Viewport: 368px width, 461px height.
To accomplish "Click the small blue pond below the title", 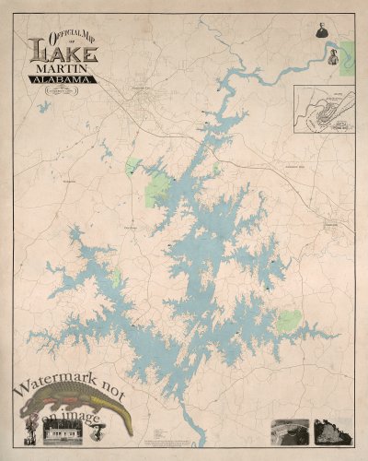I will [42, 107].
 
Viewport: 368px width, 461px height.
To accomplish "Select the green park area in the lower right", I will [288, 321].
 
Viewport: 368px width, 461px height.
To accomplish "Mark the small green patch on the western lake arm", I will [116, 278].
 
